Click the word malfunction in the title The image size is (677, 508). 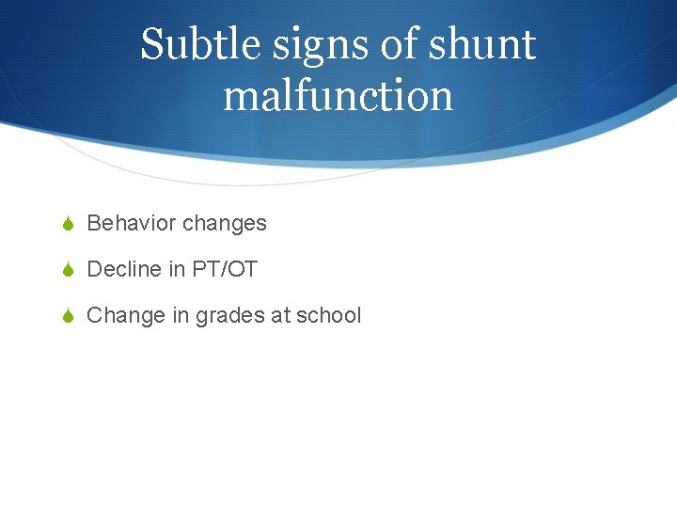[x=338, y=95]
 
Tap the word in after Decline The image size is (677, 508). [x=177, y=269]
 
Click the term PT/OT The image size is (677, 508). [x=224, y=269]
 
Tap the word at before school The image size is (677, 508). [x=280, y=315]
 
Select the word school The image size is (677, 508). [x=328, y=315]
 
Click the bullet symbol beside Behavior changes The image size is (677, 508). [x=68, y=224]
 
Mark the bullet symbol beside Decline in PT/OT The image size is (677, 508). [x=68, y=270]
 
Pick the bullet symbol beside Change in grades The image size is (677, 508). [x=68, y=316]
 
